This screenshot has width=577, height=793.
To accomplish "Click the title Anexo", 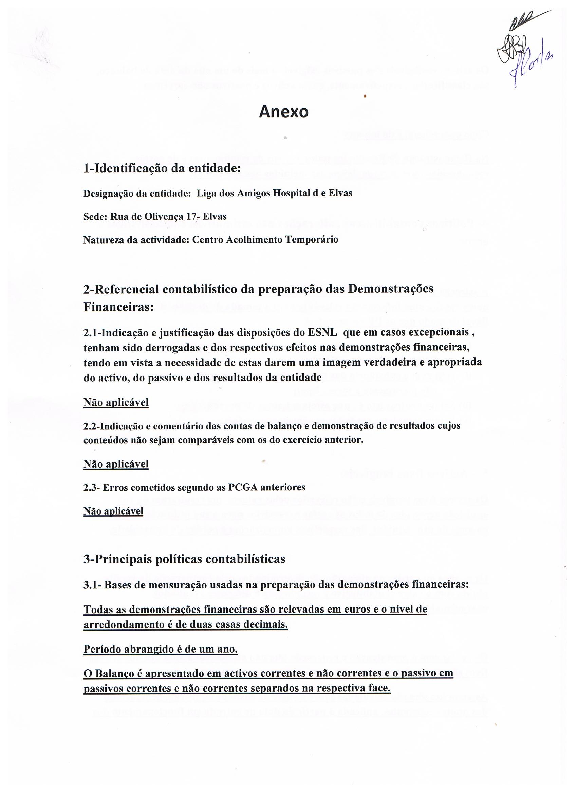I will point(283,112).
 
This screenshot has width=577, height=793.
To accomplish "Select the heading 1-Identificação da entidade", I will point(162,169).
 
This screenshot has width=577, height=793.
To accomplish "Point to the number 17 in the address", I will point(191,216).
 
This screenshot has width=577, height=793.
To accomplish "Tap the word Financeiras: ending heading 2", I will point(118,307).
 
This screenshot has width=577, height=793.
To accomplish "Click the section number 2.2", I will point(91,426).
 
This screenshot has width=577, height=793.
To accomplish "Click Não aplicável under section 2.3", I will point(113,511).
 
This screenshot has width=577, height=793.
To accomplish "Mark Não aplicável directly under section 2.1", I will point(116,403).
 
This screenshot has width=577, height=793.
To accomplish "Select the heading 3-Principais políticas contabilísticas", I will point(184,559).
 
